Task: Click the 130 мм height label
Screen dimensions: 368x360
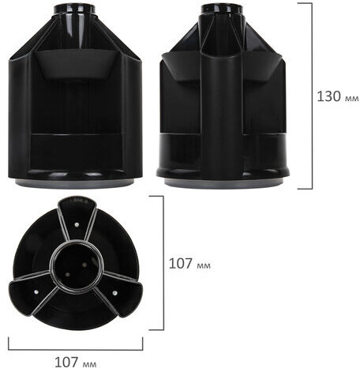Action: pyautogui.click(x=337, y=97)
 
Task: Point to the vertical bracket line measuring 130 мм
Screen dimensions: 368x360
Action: pyautogui.click(x=310, y=96)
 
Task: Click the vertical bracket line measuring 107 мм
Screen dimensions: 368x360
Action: pyautogui.click(x=163, y=263)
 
